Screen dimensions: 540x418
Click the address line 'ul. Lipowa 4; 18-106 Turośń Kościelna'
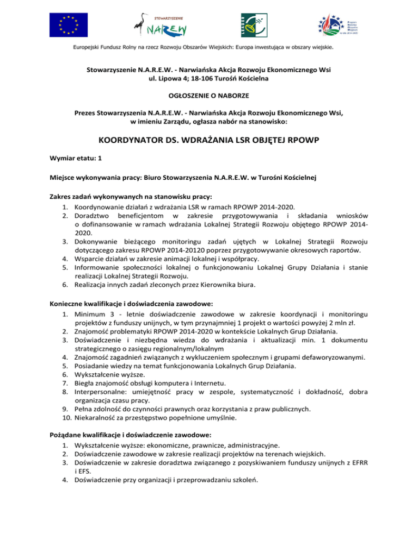(208, 78)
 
